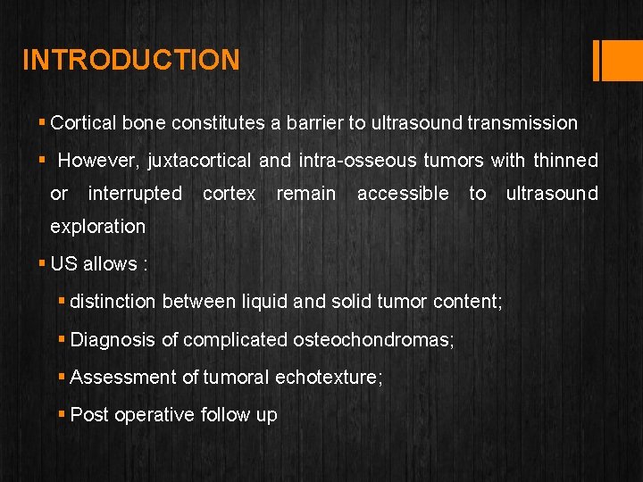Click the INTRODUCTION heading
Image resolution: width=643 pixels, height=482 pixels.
pyautogui.click(x=131, y=60)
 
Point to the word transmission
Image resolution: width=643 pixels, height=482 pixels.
pyautogui.click(x=522, y=123)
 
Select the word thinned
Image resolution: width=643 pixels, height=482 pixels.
pyautogui.click(x=565, y=161)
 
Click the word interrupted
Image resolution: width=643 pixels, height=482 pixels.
pyautogui.click(x=135, y=194)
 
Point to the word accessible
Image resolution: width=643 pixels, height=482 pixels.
pyautogui.click(x=403, y=194)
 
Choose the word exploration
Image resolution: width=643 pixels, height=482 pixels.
pyautogui.click(x=97, y=227)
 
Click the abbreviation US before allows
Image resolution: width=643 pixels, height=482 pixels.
pyautogui.click(x=64, y=264)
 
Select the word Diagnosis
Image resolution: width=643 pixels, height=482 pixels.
pyautogui.click(x=111, y=339)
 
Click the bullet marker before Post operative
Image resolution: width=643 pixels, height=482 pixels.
pyautogui.click(x=63, y=415)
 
